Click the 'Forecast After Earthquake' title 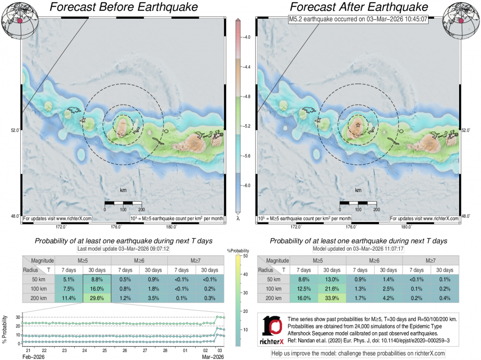(x=359, y=7)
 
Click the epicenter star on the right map (x=358, y=125)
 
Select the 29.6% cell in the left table (x=97, y=298)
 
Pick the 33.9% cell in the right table (x=332, y=298)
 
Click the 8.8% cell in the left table (x=97, y=279)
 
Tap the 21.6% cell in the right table (x=332, y=289)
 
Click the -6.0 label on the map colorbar (x=247, y=185)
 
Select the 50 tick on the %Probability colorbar (x=244, y=256)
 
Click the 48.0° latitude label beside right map (x=466, y=216)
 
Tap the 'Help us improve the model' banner (x=358, y=354)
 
